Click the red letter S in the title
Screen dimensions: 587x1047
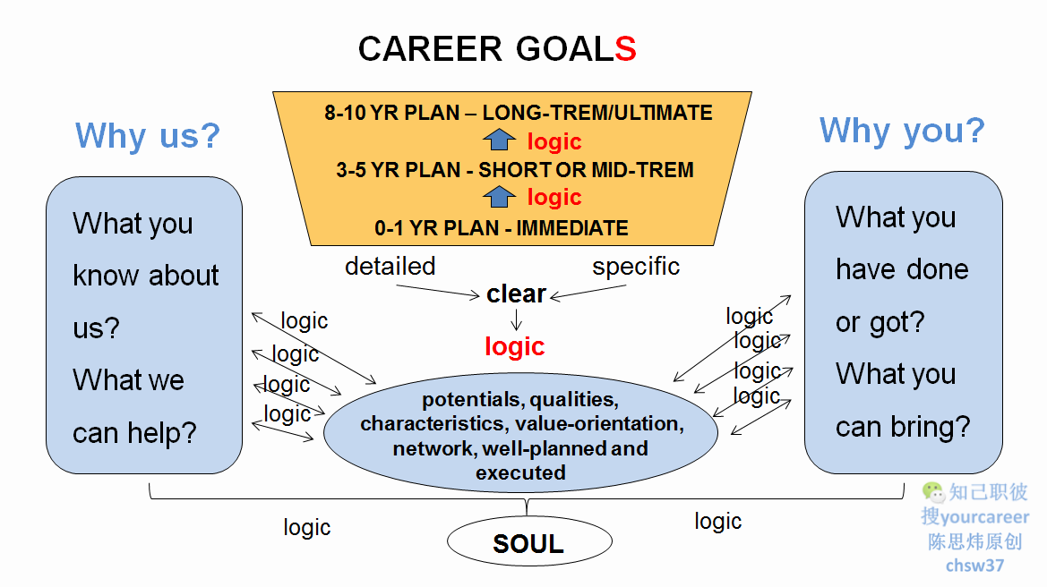pos(625,49)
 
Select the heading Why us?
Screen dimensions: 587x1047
pos(148,136)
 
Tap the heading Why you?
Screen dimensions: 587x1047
pos(901,131)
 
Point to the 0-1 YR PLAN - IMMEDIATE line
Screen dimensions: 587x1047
pos(502,228)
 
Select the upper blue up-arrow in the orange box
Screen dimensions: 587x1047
pos(500,140)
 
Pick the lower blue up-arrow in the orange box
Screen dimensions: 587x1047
pos(500,197)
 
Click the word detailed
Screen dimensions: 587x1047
pos(390,267)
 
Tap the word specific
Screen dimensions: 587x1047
pos(636,267)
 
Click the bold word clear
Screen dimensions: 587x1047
pos(516,294)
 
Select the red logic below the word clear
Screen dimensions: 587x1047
pos(515,346)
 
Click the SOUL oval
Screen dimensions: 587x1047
pos(528,543)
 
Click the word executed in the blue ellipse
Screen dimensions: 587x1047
pos(520,472)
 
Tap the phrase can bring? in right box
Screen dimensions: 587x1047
pos(902,427)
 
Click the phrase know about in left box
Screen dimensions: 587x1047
pos(145,276)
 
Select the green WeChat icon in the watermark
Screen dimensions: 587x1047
pos(933,491)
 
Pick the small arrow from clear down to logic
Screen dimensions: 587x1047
pos(517,319)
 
